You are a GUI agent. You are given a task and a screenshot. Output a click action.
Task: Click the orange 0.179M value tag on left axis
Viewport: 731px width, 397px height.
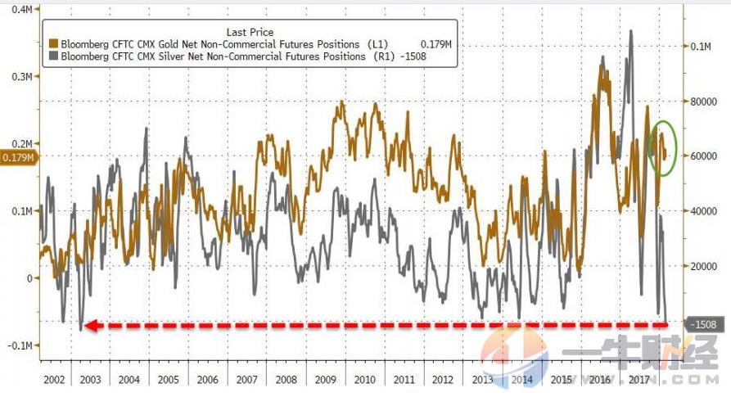(x=17, y=157)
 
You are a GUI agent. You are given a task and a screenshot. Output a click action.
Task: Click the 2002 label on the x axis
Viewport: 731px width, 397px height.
(x=54, y=381)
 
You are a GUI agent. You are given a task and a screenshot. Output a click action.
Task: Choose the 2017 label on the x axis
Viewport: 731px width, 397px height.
(x=637, y=381)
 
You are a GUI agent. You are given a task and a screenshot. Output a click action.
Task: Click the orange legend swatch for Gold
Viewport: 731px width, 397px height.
(x=54, y=43)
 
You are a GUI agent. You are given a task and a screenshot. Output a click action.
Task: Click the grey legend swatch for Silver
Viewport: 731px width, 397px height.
(x=54, y=56)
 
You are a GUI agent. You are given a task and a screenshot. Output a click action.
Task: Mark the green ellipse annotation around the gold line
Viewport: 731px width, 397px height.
(x=662, y=148)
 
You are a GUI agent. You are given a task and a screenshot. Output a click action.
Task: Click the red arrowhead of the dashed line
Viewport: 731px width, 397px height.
(x=92, y=326)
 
